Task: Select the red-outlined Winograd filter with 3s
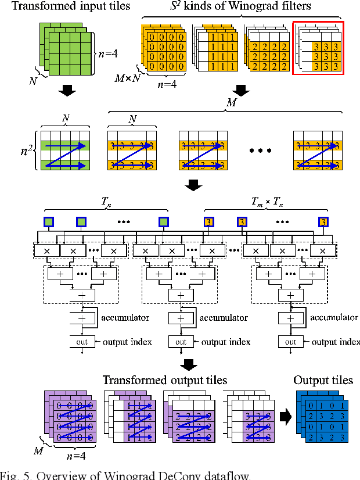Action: tap(318, 48)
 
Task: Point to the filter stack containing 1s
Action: tap(216, 49)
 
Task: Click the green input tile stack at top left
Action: tap(66, 51)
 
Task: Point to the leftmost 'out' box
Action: tap(81, 342)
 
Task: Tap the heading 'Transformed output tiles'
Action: tap(165, 380)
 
